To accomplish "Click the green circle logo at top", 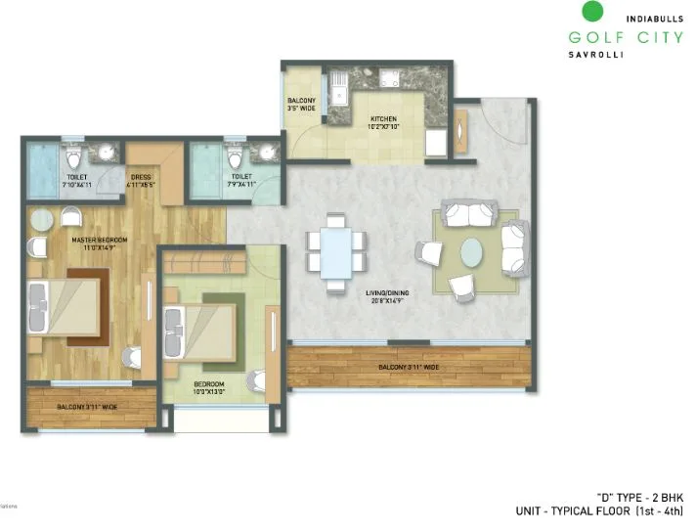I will tap(590, 13).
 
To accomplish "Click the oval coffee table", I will tap(471, 252).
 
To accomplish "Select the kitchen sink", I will tap(340, 96).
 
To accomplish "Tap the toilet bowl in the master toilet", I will tap(71, 159).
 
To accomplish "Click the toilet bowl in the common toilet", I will tap(233, 159).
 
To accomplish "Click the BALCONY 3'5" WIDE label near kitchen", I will tap(300, 106).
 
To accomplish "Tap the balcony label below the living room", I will tap(411, 368).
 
